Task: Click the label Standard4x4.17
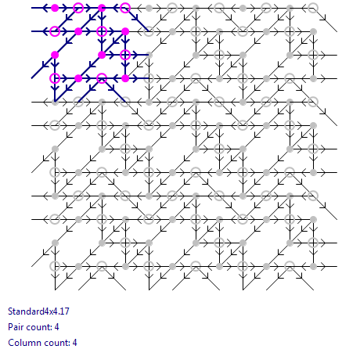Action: coord(38,311)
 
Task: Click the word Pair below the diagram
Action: coord(15,327)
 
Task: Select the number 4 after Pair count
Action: coord(57,327)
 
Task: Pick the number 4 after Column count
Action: coord(74,343)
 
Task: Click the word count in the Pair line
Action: coord(38,327)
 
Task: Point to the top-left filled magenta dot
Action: coord(55,8)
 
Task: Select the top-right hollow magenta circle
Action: coord(125,8)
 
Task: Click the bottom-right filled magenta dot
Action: coord(125,78)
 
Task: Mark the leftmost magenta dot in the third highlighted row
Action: coord(55,55)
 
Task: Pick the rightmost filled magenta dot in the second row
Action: coord(125,31)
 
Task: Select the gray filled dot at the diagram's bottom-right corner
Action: coord(313,266)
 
